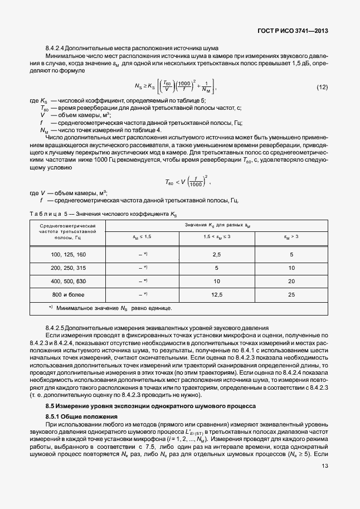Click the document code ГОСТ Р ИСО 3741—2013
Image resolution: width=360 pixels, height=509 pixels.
[295, 31]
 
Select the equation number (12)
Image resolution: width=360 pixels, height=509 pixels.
[322, 88]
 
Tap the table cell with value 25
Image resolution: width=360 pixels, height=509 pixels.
[291, 294]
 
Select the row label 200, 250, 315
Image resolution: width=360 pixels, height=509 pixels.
[69, 268]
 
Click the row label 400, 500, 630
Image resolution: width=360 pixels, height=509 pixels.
[69, 281]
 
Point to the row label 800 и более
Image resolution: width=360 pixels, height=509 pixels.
[69, 294]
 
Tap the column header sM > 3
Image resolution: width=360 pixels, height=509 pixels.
[291, 237]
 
